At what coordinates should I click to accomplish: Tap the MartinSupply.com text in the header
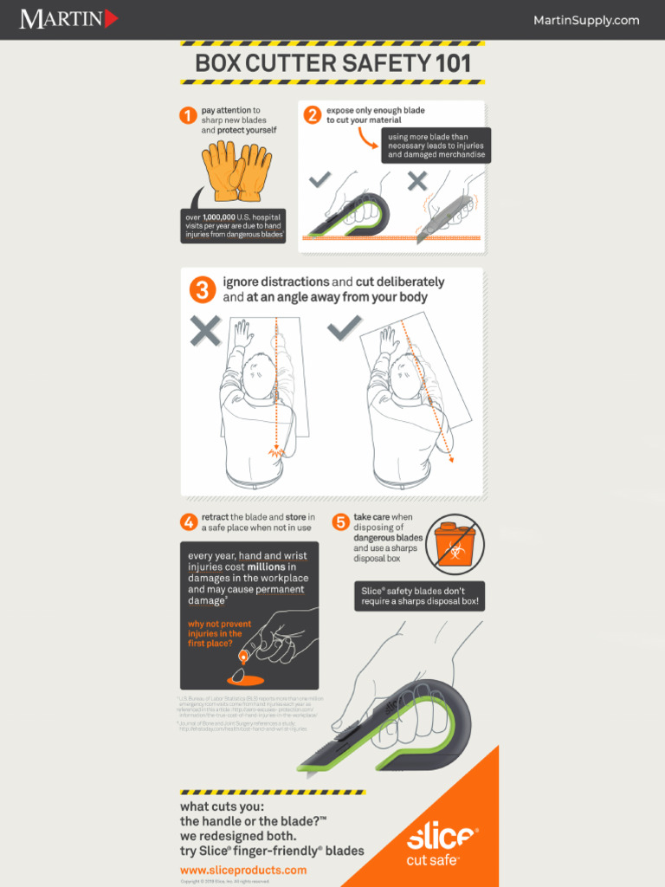pyautogui.click(x=586, y=20)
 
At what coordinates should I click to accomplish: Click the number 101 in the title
pyautogui.click(x=452, y=63)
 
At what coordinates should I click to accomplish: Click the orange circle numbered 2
pyautogui.click(x=312, y=114)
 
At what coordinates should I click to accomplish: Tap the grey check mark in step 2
pyautogui.click(x=320, y=179)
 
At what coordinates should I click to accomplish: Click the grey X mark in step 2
pyautogui.click(x=417, y=180)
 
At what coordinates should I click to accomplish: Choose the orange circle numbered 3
pyautogui.click(x=203, y=289)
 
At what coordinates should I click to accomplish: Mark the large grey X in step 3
pyautogui.click(x=205, y=331)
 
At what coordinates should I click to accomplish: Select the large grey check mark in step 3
pyautogui.click(x=345, y=328)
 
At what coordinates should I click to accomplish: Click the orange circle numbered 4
pyautogui.click(x=188, y=521)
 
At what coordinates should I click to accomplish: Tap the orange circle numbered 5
pyautogui.click(x=341, y=521)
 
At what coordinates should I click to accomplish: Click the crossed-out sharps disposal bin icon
pyautogui.click(x=455, y=544)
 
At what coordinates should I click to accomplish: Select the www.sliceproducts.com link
pyautogui.click(x=243, y=870)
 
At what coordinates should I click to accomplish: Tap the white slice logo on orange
pyautogui.click(x=441, y=838)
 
